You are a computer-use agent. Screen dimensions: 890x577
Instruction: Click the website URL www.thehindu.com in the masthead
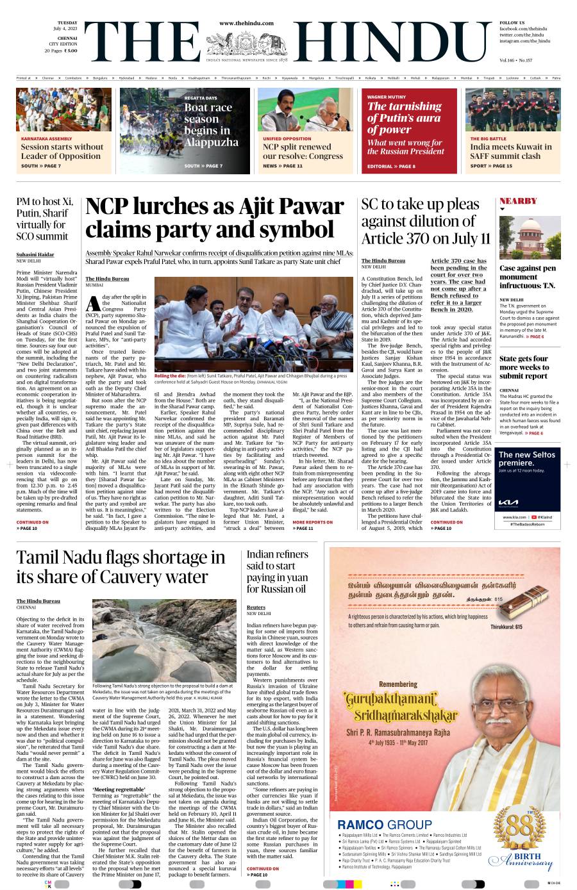pyautogui.click(x=246, y=23)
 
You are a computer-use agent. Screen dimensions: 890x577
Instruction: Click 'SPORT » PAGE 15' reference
pyautogui.click(x=491, y=166)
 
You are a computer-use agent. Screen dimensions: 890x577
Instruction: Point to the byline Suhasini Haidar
pyautogui.click(x=35, y=254)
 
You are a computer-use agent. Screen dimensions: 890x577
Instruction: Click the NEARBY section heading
pyautogui.click(x=518, y=201)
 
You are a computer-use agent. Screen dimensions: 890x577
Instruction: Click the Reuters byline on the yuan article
pyautogui.click(x=255, y=607)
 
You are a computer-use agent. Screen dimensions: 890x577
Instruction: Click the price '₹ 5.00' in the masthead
pyautogui.click(x=71, y=50)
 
